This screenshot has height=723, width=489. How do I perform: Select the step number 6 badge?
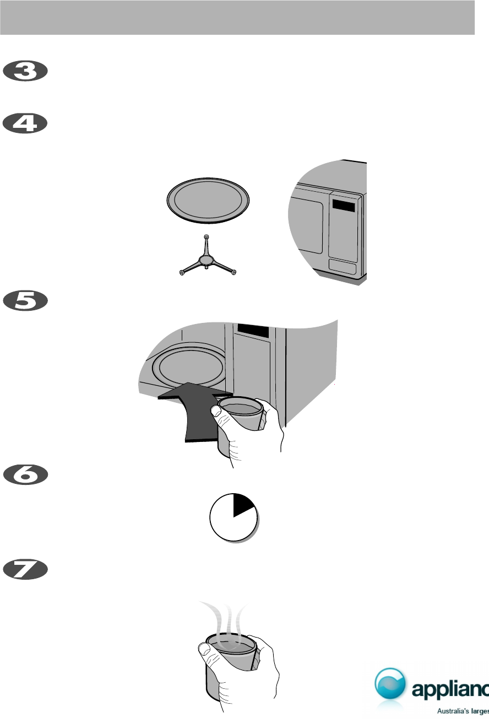(26, 476)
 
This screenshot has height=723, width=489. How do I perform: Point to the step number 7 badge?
(26, 570)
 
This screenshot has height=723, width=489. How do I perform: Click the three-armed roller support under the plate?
(206, 258)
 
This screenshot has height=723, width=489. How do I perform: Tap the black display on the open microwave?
(253, 331)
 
